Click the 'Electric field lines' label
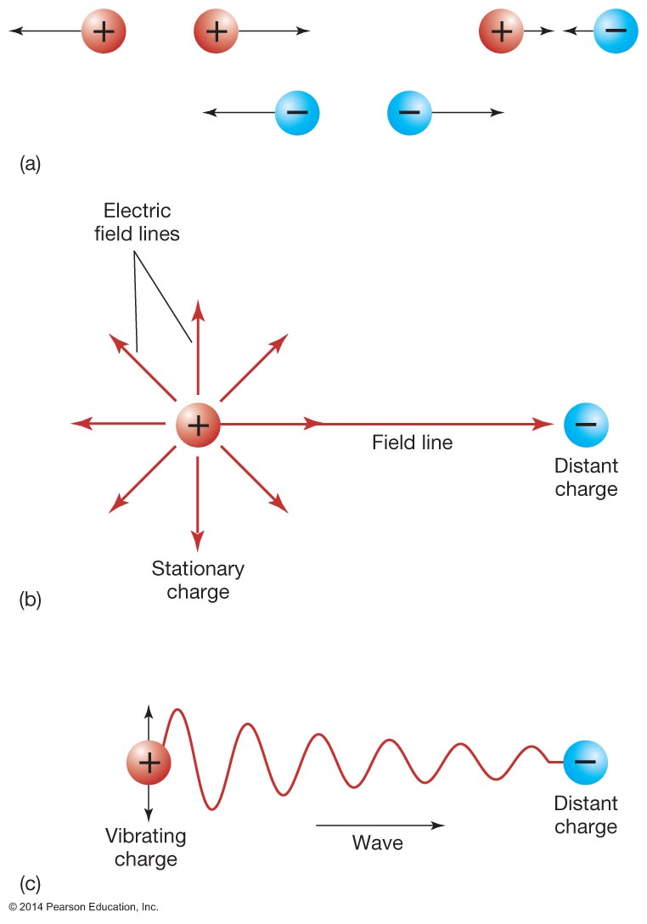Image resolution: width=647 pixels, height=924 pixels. point(137,222)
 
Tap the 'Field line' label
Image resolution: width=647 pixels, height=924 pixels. point(412,442)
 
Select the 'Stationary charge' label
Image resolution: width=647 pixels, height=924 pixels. point(198,579)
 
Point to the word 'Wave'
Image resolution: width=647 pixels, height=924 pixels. point(378,843)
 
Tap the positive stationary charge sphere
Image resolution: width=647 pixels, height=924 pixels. point(198,424)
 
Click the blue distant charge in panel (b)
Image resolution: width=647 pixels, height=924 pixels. point(586,424)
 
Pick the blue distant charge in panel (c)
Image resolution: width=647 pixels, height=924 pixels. point(585,762)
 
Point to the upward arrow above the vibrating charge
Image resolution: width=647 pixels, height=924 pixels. point(149,713)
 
